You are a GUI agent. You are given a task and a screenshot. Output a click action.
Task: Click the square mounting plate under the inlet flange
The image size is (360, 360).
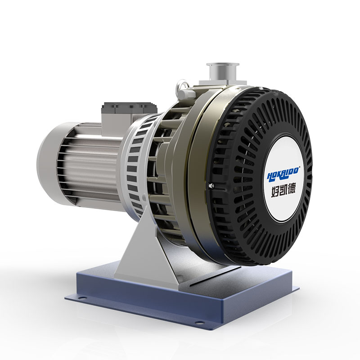(x=211, y=83)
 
